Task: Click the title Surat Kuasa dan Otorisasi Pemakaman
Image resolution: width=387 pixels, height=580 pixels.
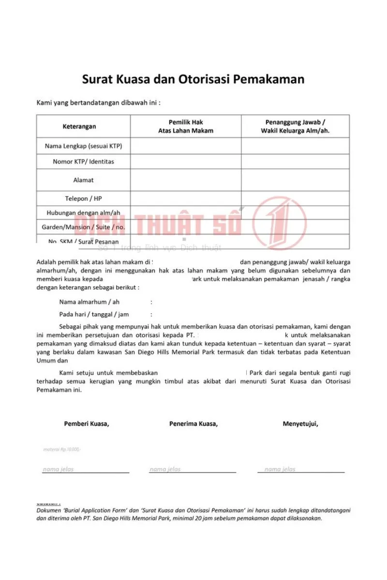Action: [x=193, y=79]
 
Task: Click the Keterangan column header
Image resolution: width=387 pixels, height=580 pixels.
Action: [x=79, y=127]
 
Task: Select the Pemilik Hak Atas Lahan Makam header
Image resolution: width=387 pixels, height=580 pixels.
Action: [x=186, y=127]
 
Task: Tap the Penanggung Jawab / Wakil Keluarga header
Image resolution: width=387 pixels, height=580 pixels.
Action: [x=295, y=127]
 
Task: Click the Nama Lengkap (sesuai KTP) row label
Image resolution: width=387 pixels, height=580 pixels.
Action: [x=83, y=146]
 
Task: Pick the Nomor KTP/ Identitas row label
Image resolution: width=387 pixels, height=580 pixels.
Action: [x=83, y=161]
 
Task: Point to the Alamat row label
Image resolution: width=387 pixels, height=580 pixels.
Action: [x=83, y=180]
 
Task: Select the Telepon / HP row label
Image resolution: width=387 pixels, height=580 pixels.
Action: [x=83, y=199]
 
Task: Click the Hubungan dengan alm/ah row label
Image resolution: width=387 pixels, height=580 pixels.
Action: [x=83, y=213]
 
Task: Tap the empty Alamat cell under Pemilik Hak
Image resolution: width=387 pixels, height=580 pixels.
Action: [x=186, y=180]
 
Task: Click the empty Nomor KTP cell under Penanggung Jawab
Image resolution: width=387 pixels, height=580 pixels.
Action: [x=295, y=161]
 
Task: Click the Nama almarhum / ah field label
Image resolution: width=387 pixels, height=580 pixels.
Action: [x=89, y=302]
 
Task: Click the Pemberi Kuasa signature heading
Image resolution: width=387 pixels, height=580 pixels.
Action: [x=87, y=424]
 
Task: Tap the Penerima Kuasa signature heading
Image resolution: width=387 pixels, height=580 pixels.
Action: [x=193, y=424]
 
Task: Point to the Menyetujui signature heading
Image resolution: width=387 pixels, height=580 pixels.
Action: [x=300, y=424]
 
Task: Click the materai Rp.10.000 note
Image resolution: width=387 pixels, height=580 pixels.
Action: [x=62, y=449]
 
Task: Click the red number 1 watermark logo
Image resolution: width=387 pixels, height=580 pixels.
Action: [x=279, y=223]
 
